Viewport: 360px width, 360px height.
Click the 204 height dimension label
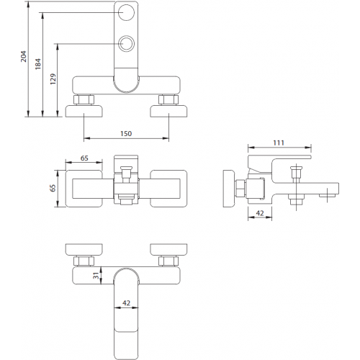coord(24,57)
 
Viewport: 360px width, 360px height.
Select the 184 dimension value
coord(38,64)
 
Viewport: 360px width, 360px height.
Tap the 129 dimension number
coord(53,79)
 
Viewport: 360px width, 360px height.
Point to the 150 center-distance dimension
coord(126,134)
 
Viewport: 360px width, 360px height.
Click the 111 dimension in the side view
coord(279,143)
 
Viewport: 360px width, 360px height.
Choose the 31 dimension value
coord(96,276)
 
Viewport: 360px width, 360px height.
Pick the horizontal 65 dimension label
coord(84,158)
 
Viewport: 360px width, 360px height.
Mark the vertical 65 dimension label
coord(53,188)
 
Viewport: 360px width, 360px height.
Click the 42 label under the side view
coord(260,213)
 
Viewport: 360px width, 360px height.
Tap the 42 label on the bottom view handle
coord(126,303)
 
